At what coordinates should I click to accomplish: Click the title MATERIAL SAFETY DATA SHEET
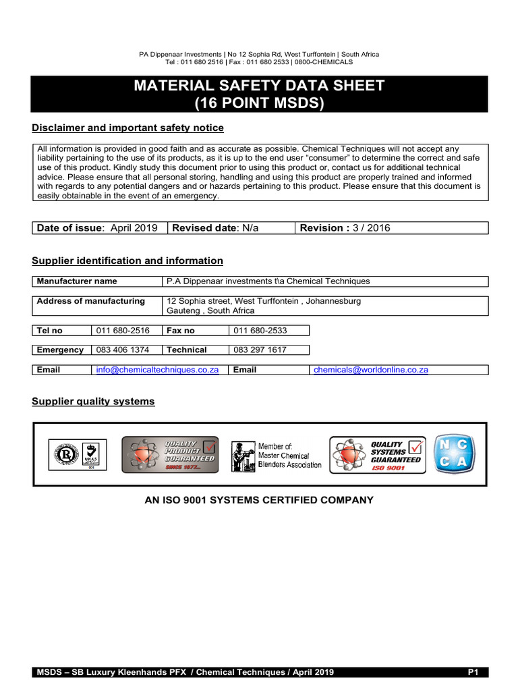click(259, 86)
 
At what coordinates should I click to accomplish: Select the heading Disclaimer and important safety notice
click(128, 128)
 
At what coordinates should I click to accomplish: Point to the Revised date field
click(216, 228)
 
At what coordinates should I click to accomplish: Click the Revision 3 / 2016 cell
click(345, 228)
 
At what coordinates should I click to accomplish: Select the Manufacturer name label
click(77, 281)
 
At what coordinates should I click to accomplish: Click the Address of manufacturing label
click(91, 301)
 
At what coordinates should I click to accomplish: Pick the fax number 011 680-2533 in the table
click(260, 331)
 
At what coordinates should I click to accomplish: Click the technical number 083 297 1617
click(260, 350)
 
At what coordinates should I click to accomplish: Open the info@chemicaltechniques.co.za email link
click(157, 370)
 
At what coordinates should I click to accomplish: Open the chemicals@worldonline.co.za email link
click(371, 370)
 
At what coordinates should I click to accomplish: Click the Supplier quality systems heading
click(93, 402)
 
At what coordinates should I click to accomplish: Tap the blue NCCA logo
click(454, 454)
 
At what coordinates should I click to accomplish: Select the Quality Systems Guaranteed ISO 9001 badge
click(377, 454)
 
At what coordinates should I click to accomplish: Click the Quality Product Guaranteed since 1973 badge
click(170, 454)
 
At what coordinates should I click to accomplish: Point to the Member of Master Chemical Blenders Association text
click(289, 455)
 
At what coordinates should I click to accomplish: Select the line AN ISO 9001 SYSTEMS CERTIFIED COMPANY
click(259, 500)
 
